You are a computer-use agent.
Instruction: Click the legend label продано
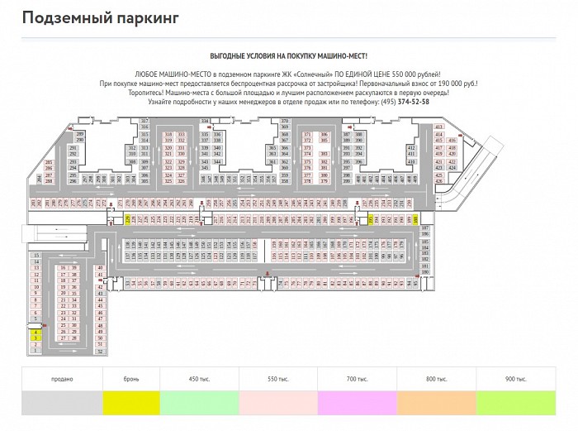pos(61,379)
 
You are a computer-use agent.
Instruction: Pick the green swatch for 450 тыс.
pos(198,405)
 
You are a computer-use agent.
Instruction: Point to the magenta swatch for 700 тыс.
pos(357,405)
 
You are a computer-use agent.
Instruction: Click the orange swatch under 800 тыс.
pos(436,405)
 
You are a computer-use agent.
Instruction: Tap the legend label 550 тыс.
pos(277,379)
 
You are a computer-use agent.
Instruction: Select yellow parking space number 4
pos(36,332)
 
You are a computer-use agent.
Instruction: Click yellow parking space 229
pos(128,219)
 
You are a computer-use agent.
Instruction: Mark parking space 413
pos(438,127)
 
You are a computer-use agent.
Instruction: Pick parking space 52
pos(100,352)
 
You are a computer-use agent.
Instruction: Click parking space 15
pos(36,256)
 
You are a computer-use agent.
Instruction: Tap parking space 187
pos(426,227)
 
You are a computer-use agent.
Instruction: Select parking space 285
pos(49,162)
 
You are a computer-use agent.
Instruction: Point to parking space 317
pos(144,122)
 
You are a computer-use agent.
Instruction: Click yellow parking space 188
pos(415,219)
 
